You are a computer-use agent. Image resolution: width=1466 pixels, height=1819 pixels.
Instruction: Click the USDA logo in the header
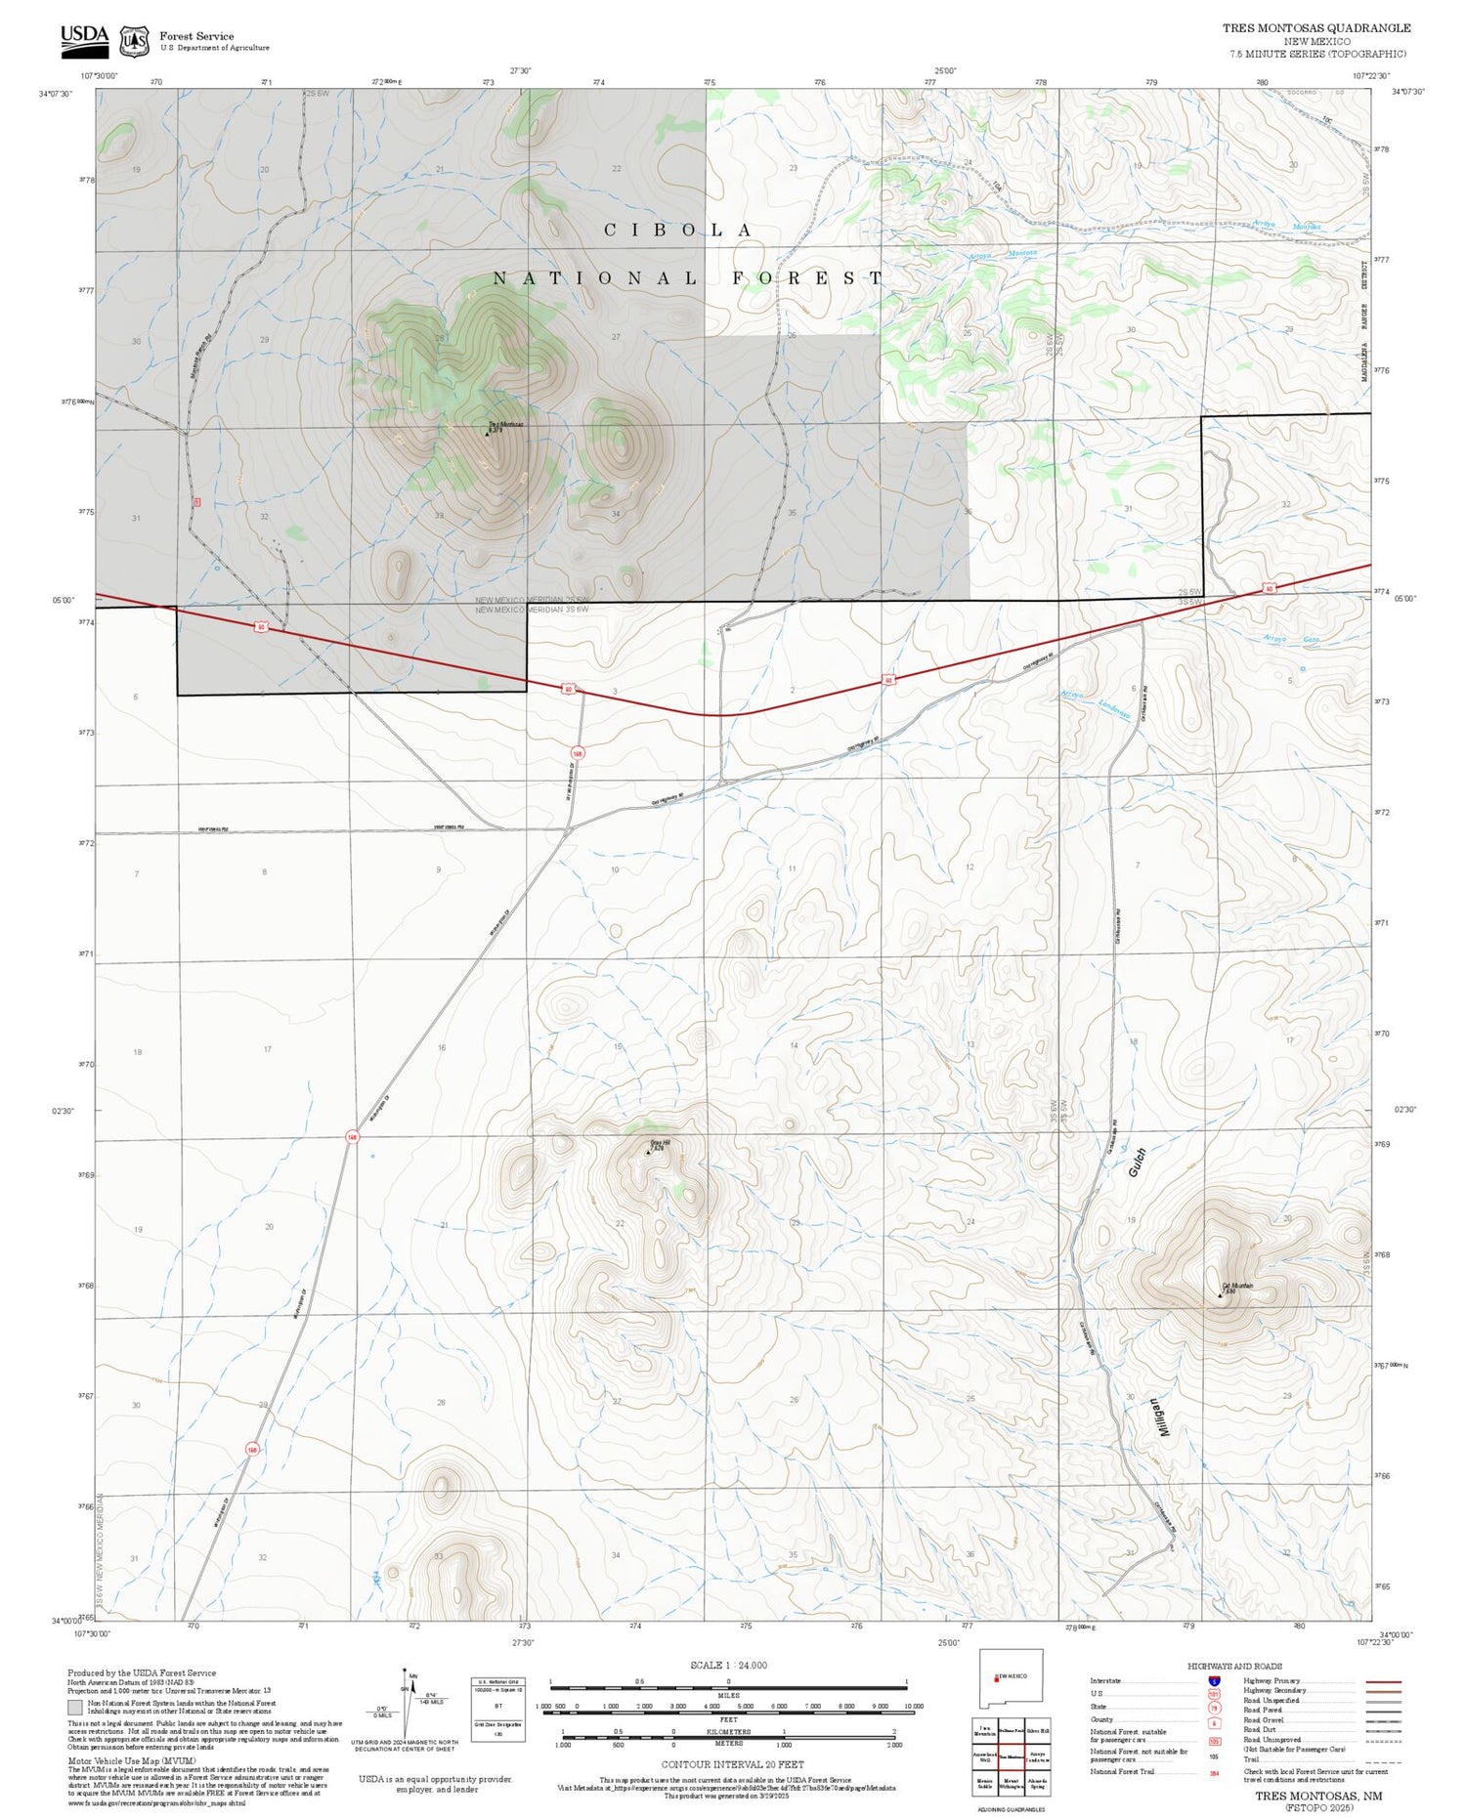pos(84,37)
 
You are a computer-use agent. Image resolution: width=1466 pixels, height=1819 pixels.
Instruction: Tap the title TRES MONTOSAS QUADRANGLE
pos(1315,28)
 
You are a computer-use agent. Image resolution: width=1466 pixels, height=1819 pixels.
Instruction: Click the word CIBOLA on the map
pos(678,231)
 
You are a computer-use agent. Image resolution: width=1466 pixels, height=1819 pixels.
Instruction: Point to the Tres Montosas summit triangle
pos(488,433)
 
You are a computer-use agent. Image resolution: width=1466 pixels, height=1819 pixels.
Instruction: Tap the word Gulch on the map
pos(1137,1162)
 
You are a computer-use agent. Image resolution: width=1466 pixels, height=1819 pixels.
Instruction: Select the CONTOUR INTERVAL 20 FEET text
pos(732,1764)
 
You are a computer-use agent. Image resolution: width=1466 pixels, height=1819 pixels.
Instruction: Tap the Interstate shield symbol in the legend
pos(1214,1681)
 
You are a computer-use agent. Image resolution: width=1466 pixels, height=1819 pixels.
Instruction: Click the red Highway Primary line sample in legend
pos(1378,1682)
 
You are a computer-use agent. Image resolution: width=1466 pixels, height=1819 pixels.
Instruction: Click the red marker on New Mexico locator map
pos(996,1679)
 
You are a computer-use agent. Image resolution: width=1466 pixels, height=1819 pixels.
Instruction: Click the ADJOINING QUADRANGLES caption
pos(1011,1809)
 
